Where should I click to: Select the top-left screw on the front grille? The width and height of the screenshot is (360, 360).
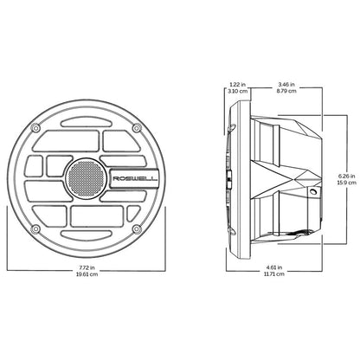[35, 131]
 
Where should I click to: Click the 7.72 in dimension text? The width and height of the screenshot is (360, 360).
[84, 271]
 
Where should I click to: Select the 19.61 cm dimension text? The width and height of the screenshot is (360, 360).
[84, 278]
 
